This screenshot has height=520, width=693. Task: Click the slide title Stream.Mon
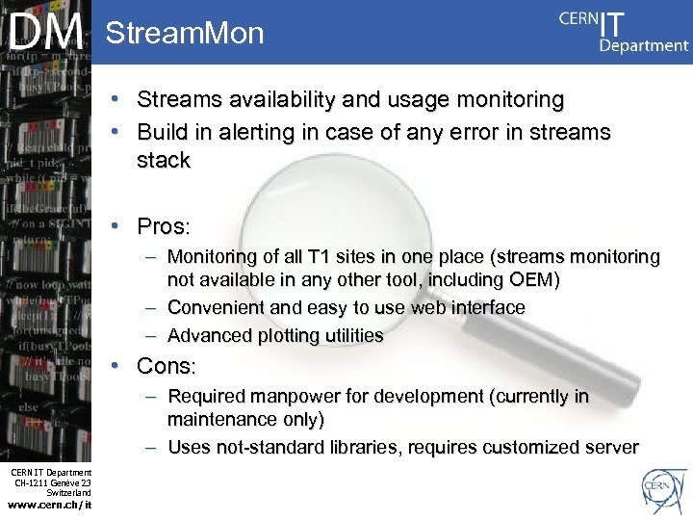tap(184, 35)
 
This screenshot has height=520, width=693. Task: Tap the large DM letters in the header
tap(46, 32)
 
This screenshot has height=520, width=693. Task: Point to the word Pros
tap(162, 227)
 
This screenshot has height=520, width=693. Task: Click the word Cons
tap(165, 367)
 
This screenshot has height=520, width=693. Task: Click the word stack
tap(163, 161)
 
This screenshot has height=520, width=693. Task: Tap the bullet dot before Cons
tap(115, 367)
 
